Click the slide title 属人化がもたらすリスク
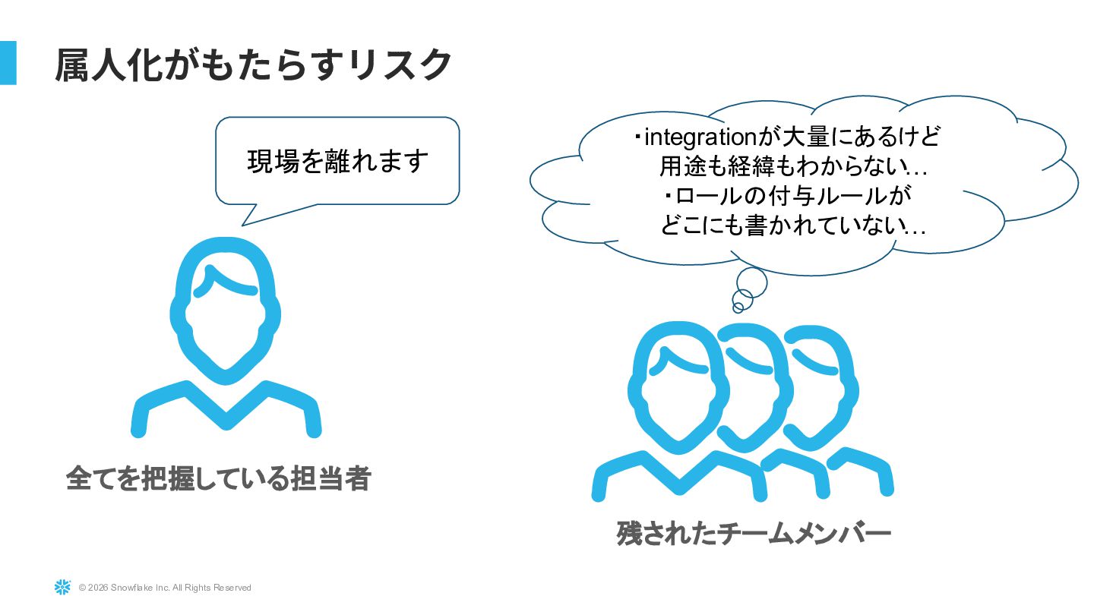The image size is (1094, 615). tap(254, 65)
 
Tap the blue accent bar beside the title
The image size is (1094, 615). tap(8, 62)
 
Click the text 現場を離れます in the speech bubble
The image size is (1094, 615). tap(338, 161)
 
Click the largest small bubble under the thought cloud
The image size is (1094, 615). tap(751, 282)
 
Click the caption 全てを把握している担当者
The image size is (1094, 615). tap(218, 478)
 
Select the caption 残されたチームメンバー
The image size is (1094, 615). tap(753, 533)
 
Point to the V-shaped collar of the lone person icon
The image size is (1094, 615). tap(226, 410)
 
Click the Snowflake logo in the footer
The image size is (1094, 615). tap(62, 587)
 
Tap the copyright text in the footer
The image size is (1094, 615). tap(165, 588)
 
